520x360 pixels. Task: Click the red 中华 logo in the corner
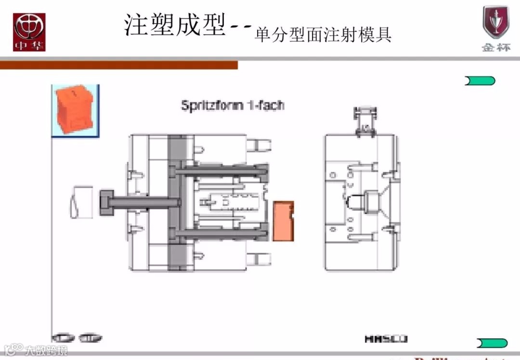click(x=29, y=32)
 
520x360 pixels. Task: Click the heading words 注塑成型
click(x=175, y=25)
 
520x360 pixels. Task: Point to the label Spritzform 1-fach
click(x=232, y=105)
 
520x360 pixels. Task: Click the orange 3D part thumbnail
click(x=75, y=110)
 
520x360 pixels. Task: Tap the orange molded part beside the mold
click(x=283, y=221)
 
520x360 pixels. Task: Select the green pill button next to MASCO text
click(x=492, y=343)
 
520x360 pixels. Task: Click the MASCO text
click(x=386, y=339)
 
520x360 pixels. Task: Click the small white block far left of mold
click(x=81, y=202)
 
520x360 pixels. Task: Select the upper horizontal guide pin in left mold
click(x=221, y=170)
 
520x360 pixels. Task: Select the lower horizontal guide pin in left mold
click(x=221, y=234)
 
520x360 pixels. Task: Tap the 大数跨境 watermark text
click(x=47, y=350)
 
